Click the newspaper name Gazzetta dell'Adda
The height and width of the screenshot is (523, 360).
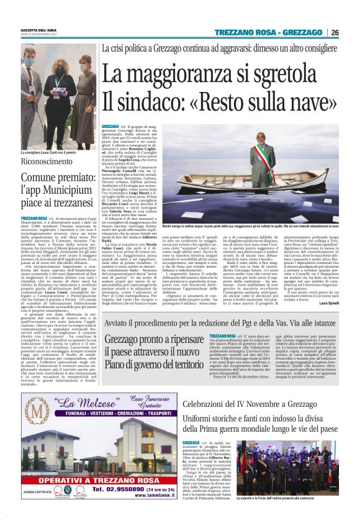[38, 30]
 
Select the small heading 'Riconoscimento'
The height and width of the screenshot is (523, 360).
[45, 160]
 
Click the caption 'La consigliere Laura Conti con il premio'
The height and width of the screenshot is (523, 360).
[52, 152]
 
